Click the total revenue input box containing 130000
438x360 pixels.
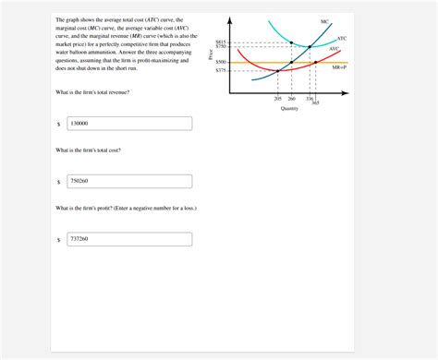pos(128,123)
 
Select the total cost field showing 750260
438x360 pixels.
pos(128,181)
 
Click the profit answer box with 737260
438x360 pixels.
pos(128,239)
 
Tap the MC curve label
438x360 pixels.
pos(324,21)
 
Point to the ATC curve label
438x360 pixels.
pos(341,38)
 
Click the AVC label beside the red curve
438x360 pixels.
pos(334,49)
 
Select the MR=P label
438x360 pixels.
pos(339,67)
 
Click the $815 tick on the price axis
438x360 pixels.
pos(221,42)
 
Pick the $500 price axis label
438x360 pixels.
pos(221,62)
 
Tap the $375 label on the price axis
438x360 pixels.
pos(221,70)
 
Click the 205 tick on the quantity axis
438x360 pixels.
pos(278,98)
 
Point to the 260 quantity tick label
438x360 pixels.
pos(292,98)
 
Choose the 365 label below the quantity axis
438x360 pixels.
pos(315,102)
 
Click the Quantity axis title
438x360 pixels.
pos(289,109)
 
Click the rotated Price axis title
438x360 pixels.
pos(211,56)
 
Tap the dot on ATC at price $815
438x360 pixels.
pos(292,42)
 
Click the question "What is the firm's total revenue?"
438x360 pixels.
pos(92,93)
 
